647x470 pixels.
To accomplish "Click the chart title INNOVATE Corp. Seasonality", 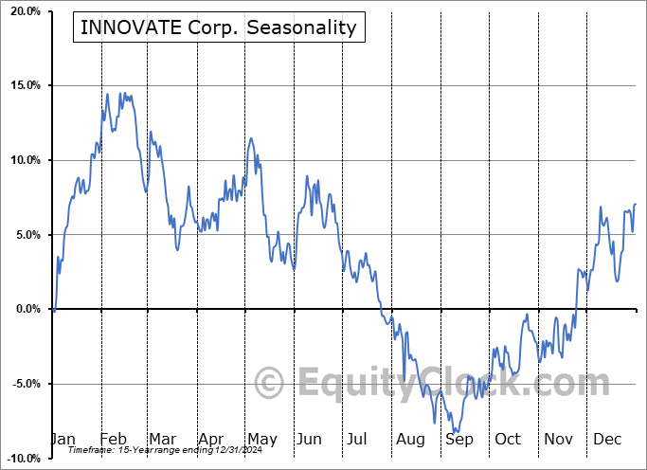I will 218,27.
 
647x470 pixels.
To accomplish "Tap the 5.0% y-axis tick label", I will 27,235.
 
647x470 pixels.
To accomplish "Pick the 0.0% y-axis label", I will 27,309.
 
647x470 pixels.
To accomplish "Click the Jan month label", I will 63,440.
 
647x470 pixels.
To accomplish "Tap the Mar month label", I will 161,440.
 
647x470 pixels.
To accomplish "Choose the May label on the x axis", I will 261,440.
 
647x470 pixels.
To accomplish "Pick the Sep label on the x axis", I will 459,440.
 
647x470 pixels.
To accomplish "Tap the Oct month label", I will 508,440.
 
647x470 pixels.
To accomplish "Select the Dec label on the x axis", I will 606,440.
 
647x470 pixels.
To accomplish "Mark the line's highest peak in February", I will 107,94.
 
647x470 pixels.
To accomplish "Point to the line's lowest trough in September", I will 456,431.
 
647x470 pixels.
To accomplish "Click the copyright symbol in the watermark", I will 270,384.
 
